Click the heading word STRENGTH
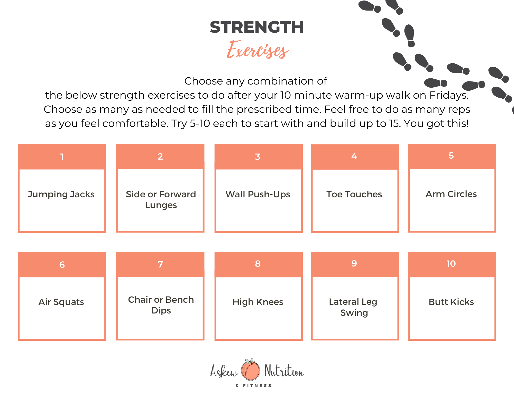point(257,27)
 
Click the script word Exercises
point(258,50)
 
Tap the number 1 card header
point(62,157)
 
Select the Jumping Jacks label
point(61,195)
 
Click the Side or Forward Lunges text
point(161,200)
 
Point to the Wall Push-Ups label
point(258,195)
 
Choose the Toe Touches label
point(354,194)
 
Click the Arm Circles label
point(451,194)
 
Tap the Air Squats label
point(61,302)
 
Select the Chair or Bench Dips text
point(161,305)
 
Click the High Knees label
point(258,302)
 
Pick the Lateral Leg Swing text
point(353,307)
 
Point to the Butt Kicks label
point(451,302)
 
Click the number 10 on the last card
point(451,264)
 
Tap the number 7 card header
point(160,264)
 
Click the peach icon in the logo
point(250,369)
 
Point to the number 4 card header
point(355,157)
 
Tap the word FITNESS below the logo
point(257,385)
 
